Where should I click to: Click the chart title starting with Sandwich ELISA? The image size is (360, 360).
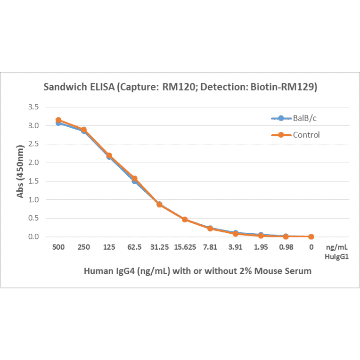coord(180,87)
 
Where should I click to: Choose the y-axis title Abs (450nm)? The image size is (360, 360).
coord(20,172)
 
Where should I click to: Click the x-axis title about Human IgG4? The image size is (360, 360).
coord(197,271)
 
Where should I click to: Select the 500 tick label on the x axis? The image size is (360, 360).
coord(58,247)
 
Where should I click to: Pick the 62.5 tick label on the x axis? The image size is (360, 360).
coord(134,247)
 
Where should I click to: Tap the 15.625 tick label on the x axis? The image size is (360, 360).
coord(185,247)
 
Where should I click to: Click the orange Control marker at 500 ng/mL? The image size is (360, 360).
coord(58,120)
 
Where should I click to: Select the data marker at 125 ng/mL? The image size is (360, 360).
coord(109,155)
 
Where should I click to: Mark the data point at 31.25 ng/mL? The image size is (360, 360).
coord(160,205)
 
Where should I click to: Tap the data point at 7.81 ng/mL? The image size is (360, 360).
coord(210,229)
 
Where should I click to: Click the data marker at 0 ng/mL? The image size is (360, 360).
coord(311,237)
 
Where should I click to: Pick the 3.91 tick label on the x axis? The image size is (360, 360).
coord(236,247)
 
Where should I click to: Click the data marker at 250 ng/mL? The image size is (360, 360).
coord(84,130)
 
